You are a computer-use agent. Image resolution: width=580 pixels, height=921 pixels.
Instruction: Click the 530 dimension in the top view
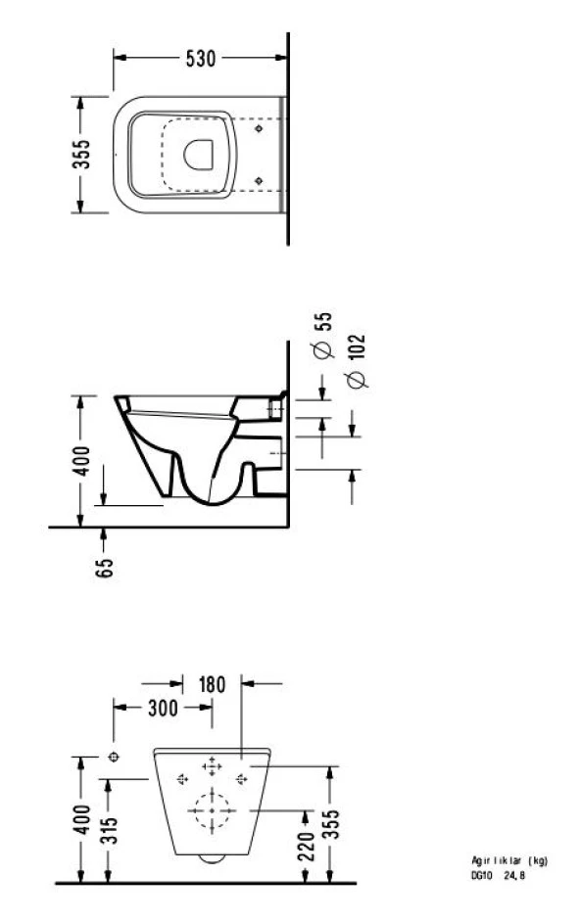[200, 58]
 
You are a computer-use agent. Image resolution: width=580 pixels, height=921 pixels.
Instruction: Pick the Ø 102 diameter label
[357, 360]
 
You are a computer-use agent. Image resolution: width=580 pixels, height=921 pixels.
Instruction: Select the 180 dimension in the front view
[212, 683]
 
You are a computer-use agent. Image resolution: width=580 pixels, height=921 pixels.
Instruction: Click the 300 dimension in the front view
[162, 708]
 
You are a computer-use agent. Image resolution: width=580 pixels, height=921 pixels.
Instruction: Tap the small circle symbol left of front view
[114, 757]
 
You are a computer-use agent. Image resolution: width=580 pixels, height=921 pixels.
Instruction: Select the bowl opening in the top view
[199, 154]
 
